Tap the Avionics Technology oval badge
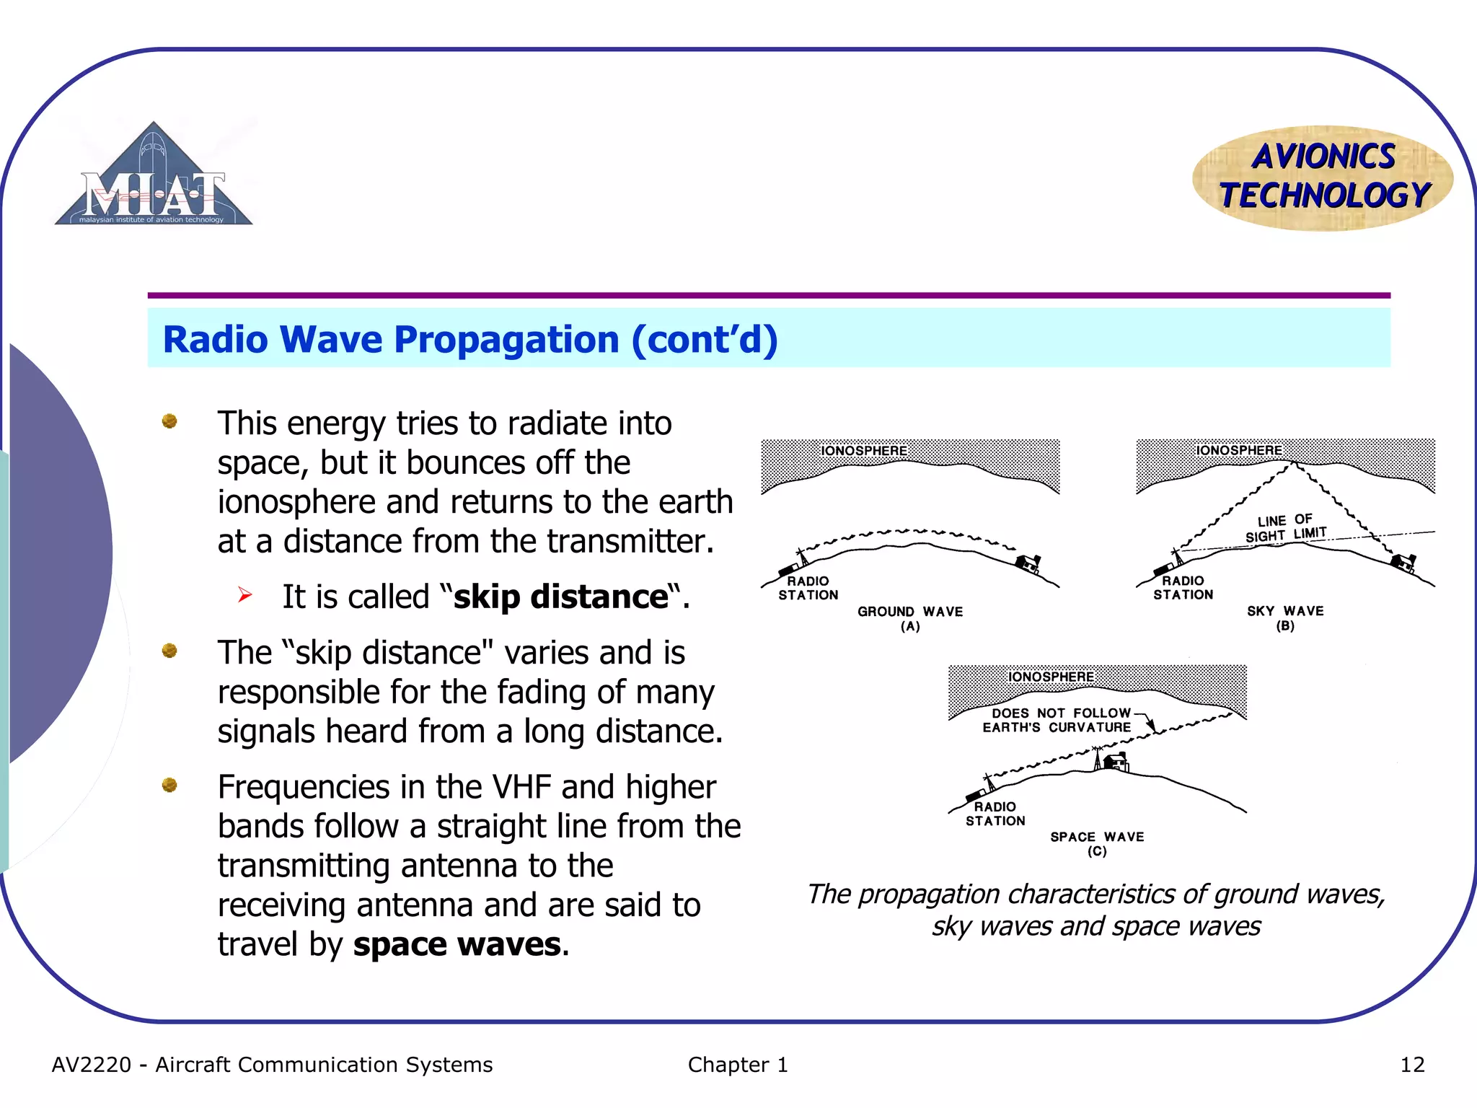click(1323, 177)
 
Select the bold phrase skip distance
click(561, 597)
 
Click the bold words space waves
click(457, 945)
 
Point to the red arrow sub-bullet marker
click(245, 595)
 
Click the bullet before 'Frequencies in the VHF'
click(169, 785)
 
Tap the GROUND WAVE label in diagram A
click(910, 612)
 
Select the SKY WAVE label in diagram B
click(1285, 611)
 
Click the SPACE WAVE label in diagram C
click(1097, 837)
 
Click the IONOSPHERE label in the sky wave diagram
click(1239, 450)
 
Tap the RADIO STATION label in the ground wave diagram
click(808, 588)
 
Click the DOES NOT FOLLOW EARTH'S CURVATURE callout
click(1057, 720)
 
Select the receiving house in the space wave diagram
click(1116, 761)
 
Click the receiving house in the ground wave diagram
click(1028, 563)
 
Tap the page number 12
click(1412, 1065)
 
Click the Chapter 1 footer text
click(738, 1065)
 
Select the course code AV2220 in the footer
click(92, 1065)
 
